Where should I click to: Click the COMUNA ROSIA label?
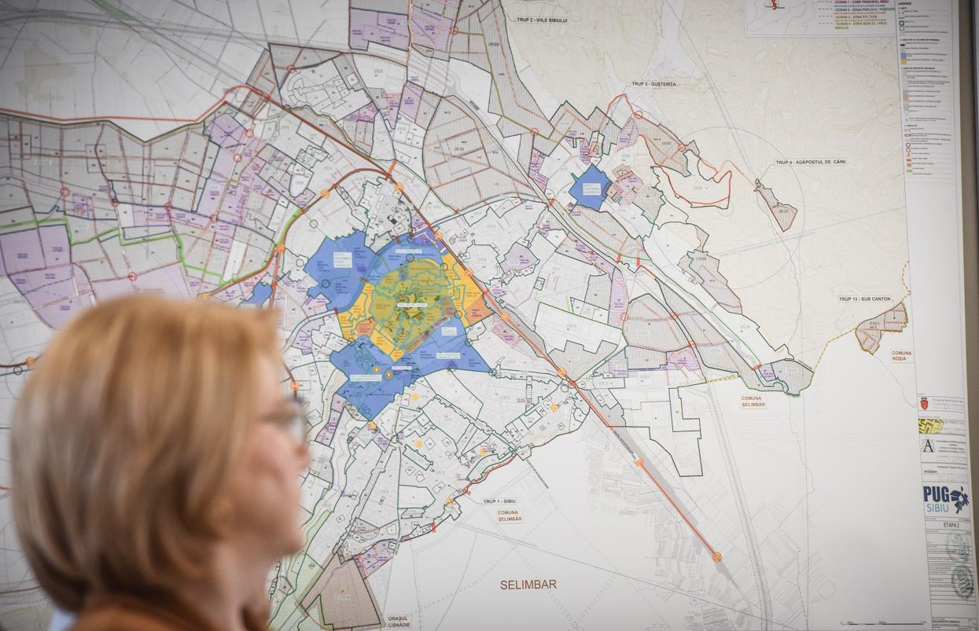901,358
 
